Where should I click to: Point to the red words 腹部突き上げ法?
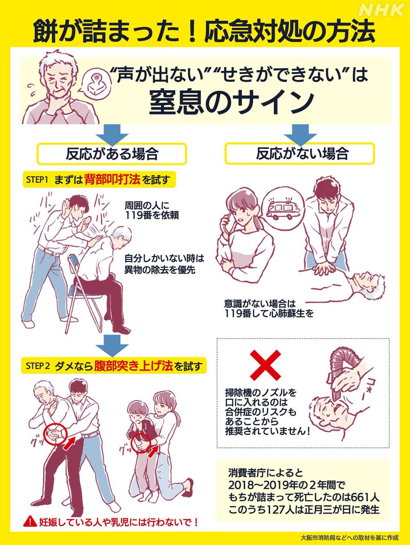[133, 366]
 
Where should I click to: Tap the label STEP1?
[37, 180]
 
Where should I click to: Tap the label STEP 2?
[38, 366]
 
